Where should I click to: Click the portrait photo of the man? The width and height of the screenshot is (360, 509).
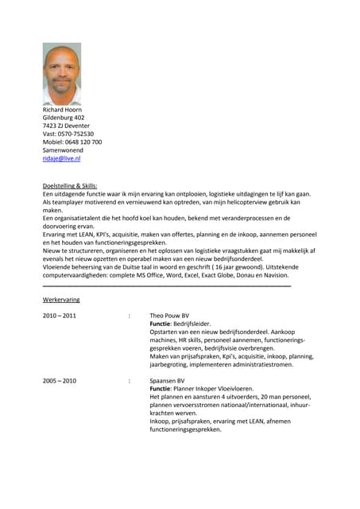click(62, 74)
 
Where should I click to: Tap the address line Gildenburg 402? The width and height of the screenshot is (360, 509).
click(64, 118)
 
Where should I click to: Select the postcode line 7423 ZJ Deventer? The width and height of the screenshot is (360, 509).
click(66, 126)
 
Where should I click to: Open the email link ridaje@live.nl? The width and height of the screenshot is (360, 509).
click(61, 158)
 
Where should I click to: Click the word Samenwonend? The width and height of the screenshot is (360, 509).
click(65, 150)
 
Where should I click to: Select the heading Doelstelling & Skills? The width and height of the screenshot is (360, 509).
click(70, 185)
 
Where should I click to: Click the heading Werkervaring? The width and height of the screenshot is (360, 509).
click(61, 300)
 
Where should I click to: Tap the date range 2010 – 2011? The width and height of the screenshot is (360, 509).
click(60, 316)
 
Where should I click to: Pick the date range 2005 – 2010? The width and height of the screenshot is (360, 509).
click(60, 381)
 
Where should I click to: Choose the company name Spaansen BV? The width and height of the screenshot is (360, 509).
click(167, 381)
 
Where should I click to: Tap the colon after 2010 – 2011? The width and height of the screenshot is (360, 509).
click(129, 316)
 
